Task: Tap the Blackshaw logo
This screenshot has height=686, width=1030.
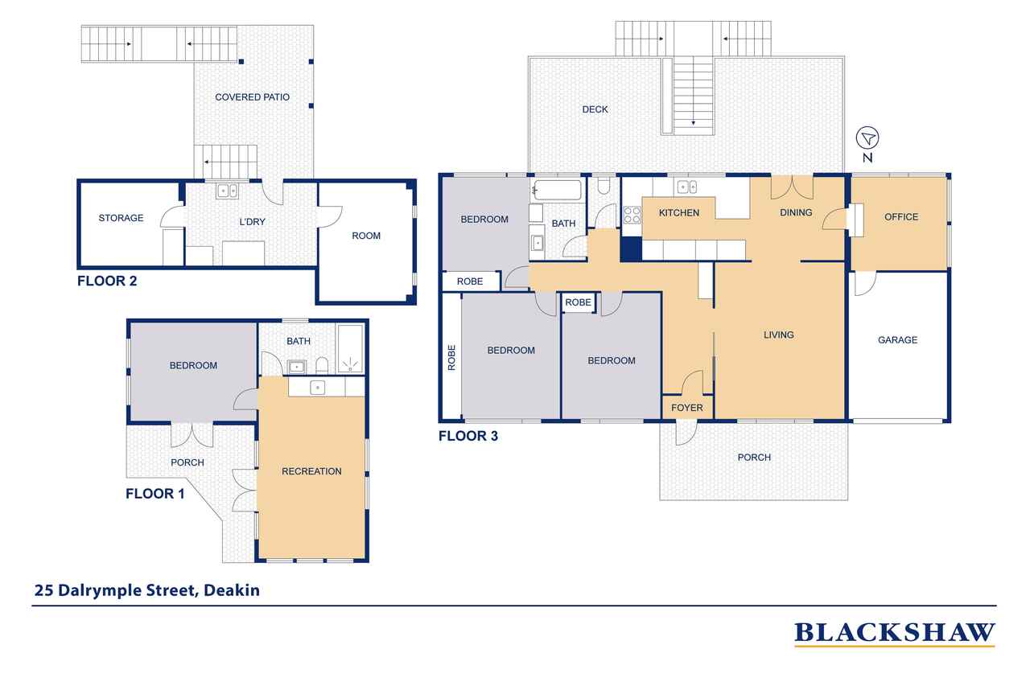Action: pyautogui.click(x=894, y=634)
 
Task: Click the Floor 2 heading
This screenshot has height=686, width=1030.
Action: pyautogui.click(x=107, y=281)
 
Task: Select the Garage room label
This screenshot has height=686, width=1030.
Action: pyautogui.click(x=897, y=340)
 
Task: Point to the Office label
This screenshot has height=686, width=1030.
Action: pyautogui.click(x=900, y=217)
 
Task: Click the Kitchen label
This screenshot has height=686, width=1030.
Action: pyautogui.click(x=678, y=213)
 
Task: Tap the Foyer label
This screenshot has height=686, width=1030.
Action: pyautogui.click(x=687, y=408)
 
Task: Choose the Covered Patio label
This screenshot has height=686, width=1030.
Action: pyautogui.click(x=253, y=97)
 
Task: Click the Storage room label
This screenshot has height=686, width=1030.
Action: pyautogui.click(x=121, y=218)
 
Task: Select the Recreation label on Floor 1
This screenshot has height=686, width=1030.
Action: pyautogui.click(x=311, y=471)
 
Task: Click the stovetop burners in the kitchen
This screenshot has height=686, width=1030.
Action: pyautogui.click(x=632, y=215)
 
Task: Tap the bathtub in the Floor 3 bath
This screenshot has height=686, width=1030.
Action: pyautogui.click(x=557, y=190)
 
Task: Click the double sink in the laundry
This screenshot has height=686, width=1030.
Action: pyautogui.click(x=227, y=191)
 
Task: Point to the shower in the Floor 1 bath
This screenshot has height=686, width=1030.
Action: pyautogui.click(x=350, y=349)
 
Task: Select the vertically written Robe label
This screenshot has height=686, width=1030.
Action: pyautogui.click(x=451, y=357)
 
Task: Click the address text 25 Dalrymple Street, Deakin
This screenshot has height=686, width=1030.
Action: pyautogui.click(x=147, y=590)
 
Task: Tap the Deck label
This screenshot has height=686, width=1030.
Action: pyautogui.click(x=595, y=109)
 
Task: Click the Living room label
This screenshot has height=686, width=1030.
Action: pyautogui.click(x=778, y=335)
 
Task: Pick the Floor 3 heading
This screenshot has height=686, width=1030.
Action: pyautogui.click(x=468, y=436)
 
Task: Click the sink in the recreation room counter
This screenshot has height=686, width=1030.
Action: pyautogui.click(x=317, y=388)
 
